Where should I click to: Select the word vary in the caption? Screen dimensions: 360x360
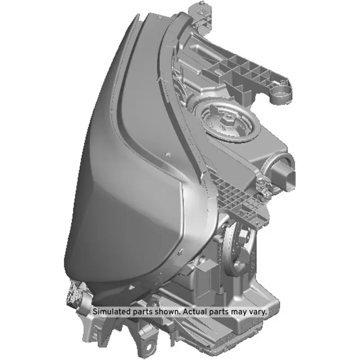point(256,311)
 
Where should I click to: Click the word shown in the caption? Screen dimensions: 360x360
point(164,311)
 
